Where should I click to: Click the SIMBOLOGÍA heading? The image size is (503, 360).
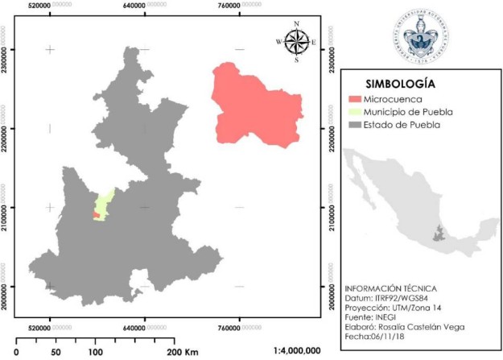click(400, 84)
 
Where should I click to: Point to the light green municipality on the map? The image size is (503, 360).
click(102, 202)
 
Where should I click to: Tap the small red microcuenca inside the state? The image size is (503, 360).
click(97, 216)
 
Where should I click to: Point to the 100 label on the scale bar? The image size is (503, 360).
click(96, 352)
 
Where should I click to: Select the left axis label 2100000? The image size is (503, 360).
click(6, 208)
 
